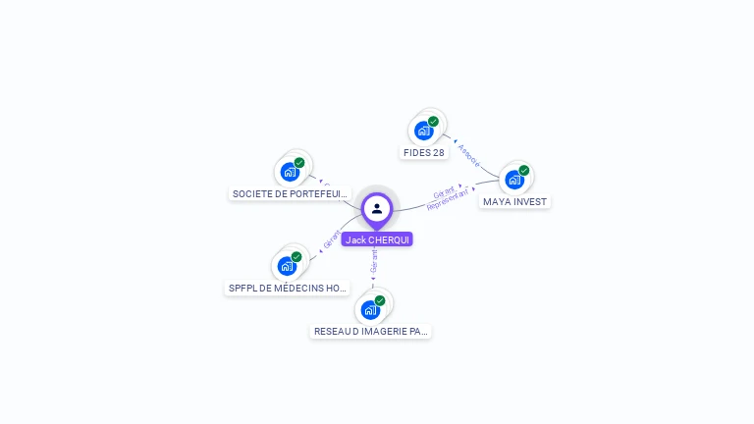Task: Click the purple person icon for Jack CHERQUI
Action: coord(377,209)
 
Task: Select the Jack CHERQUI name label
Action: coord(377,239)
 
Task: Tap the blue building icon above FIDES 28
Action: coord(423,131)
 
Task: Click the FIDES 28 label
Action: coord(424,153)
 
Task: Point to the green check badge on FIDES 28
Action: coord(433,122)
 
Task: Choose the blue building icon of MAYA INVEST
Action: coord(513,180)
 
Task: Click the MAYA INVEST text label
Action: coord(515,202)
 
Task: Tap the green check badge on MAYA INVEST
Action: coord(524,171)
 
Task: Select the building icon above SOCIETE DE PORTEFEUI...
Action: coord(289,173)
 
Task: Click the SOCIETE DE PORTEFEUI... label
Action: coord(290,194)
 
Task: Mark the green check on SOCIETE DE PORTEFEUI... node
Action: coord(299,163)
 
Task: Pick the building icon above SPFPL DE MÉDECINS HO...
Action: coord(287,265)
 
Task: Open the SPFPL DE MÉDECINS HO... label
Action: coord(288,289)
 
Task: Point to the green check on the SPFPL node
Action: coord(296,257)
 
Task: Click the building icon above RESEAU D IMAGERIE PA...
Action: coord(370,310)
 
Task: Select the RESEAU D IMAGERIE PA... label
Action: coord(371,332)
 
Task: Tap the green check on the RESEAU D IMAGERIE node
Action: coord(380,301)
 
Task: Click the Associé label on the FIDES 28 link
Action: coord(468,156)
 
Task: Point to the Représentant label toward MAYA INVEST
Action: coord(450,198)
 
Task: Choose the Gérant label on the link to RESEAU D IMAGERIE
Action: coord(374,261)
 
